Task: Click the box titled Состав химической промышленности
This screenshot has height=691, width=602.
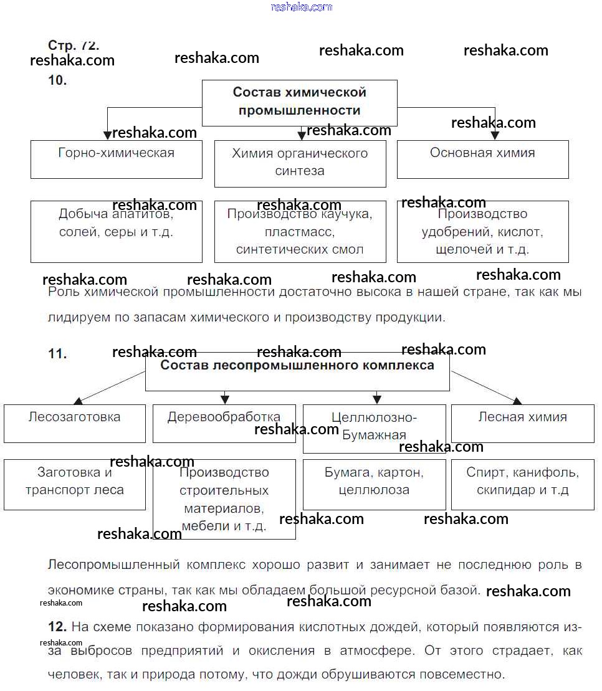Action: pos(299,102)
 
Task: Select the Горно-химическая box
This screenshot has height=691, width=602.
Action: pos(117,159)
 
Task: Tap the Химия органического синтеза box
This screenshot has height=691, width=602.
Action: pos(300,163)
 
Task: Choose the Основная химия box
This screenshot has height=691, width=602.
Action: pos(482,159)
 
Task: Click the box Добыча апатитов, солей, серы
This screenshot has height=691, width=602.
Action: pos(117,231)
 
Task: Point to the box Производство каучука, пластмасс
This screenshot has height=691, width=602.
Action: pos(300,232)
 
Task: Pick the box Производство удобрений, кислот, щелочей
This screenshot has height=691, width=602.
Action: pos(482,232)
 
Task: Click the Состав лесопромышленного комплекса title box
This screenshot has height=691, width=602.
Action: pos(297,373)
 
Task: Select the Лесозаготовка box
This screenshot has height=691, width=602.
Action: pos(74,424)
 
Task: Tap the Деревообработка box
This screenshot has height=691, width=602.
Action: pos(224,424)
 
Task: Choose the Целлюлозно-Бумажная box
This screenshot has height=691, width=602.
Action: pos(374,428)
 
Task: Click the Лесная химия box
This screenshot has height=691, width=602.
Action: pos(523,424)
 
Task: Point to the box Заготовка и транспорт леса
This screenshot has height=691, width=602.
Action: pos(74,484)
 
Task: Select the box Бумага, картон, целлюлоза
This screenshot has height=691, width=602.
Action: pos(374,484)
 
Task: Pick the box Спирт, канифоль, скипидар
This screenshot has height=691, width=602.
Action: pos(523,484)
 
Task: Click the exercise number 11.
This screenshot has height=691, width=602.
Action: pos(57,354)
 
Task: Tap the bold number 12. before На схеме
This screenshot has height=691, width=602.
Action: pos(57,626)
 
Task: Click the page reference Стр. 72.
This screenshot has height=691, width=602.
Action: pos(74,45)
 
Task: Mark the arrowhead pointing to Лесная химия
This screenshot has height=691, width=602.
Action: pos(517,401)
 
